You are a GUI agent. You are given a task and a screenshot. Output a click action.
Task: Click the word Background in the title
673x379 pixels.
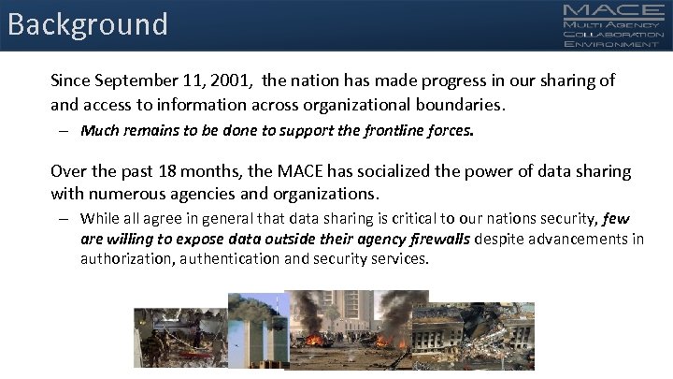point(88,23)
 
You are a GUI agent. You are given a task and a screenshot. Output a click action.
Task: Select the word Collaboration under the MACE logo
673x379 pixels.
point(612,33)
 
